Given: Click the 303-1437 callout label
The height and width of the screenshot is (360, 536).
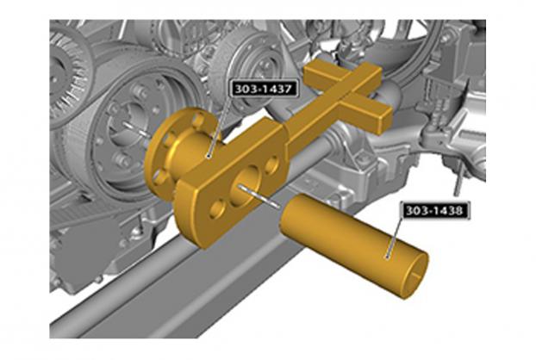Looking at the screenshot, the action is click(264, 89).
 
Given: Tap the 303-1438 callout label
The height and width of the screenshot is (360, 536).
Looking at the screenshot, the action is click(435, 210).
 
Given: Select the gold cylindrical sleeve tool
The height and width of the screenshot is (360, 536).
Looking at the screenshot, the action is click(354, 245).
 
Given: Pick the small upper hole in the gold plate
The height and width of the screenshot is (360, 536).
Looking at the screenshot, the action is click(272, 164).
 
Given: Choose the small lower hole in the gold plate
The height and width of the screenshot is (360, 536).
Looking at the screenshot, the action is click(216, 208).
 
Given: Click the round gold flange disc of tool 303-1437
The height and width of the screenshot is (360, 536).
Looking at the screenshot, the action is click(171, 150).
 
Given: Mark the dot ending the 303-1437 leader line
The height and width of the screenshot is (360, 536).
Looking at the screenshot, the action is click(209, 156).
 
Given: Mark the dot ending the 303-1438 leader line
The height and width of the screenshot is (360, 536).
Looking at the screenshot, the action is click(387, 257).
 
